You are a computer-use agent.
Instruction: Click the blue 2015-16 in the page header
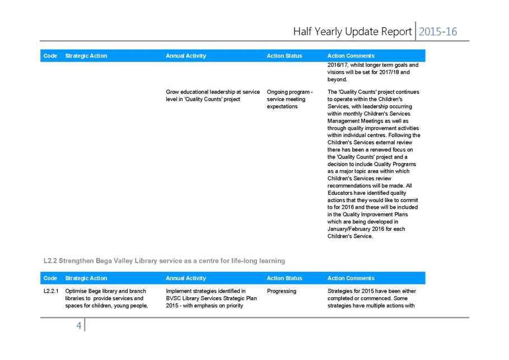pyautogui.click(x=437, y=31)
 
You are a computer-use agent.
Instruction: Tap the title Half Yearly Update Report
pyautogui.click(x=352, y=31)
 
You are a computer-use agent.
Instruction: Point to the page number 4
pyautogui.click(x=78, y=325)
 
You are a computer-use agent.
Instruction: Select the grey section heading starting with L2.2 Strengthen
pyautogui.click(x=164, y=261)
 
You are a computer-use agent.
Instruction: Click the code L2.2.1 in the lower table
pyautogui.click(x=51, y=291)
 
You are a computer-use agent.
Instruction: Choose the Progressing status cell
pyautogui.click(x=282, y=291)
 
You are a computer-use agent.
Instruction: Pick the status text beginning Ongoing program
pyautogui.click(x=289, y=99)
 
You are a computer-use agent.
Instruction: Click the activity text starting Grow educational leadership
pyautogui.click(x=213, y=95)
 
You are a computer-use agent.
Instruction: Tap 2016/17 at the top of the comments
pyautogui.click(x=337, y=65)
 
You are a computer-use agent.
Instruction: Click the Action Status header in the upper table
pyautogui.click(x=284, y=56)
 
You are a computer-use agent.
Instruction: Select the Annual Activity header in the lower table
pyautogui.click(x=186, y=278)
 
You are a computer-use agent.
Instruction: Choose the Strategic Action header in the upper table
pyautogui.click(x=86, y=56)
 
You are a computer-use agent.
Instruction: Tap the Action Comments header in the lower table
pyautogui.click(x=351, y=278)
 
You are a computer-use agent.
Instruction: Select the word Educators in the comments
pyautogui.click(x=340, y=193)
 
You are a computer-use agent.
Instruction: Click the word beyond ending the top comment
pyautogui.click(x=337, y=80)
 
